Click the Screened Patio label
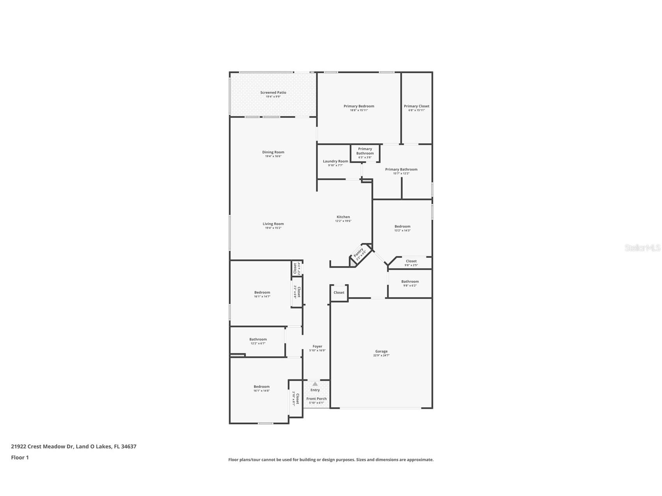[273, 93]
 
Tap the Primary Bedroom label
[359, 106]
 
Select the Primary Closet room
[416, 108]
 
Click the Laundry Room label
[335, 161]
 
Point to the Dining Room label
[273, 152]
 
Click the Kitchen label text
[343, 217]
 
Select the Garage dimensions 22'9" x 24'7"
[381, 356]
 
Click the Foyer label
[317, 346]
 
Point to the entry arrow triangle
[315, 384]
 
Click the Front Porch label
[316, 399]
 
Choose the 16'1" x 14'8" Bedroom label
[261, 387]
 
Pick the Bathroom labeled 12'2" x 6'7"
[258, 340]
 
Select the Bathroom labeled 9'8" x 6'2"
[410, 282]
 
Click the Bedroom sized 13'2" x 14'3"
[402, 227]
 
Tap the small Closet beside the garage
[339, 292]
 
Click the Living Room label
[273, 224]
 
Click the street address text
[74, 446]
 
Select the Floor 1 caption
[20, 457]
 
